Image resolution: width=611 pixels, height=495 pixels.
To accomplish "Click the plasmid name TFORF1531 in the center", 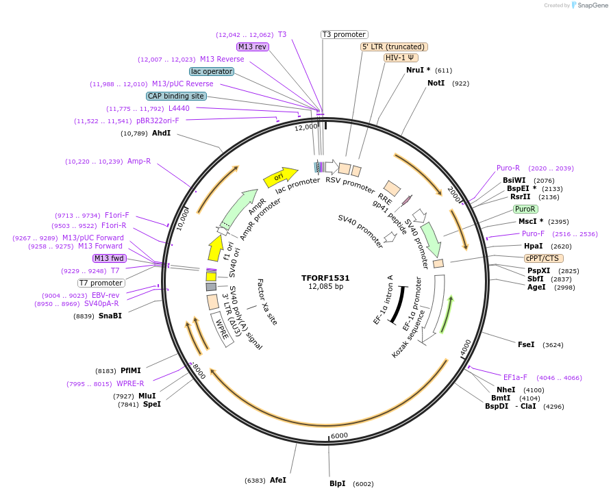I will (x=325, y=278).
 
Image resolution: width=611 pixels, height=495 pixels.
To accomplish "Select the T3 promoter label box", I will (x=345, y=34).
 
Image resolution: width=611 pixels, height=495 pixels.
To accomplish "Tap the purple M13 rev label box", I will (x=252, y=47).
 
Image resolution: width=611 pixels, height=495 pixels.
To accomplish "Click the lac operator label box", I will (x=212, y=71).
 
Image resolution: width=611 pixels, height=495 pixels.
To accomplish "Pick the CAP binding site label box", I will (x=176, y=96).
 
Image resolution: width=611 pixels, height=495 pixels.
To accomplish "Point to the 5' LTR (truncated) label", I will (x=394, y=47).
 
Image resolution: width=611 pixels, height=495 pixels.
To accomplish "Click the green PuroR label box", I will (x=525, y=209).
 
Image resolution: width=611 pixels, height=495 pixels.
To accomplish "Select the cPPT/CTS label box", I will (x=542, y=258).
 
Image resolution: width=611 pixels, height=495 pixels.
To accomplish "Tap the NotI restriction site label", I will (x=436, y=83).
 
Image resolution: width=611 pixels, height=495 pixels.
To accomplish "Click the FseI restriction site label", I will (x=526, y=344).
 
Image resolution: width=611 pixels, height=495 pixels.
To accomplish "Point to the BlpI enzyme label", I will (x=337, y=483).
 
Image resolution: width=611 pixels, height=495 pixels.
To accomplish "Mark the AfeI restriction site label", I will (x=278, y=480).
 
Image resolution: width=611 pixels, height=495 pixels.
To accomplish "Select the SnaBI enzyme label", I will (x=110, y=316).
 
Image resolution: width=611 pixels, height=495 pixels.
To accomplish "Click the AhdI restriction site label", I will (x=161, y=133).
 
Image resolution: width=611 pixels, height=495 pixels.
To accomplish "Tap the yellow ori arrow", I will (x=280, y=177).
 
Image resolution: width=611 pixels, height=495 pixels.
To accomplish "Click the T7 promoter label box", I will (x=101, y=283).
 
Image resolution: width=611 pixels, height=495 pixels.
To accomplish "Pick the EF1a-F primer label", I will (x=515, y=377).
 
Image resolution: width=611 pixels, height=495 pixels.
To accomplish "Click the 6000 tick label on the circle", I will (x=340, y=435).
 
